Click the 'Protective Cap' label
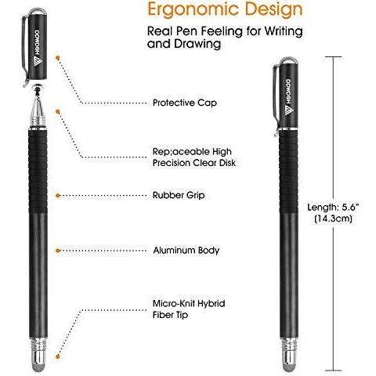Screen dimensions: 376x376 point(185,103)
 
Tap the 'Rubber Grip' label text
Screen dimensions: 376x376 point(179,195)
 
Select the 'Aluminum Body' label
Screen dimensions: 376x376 point(186,250)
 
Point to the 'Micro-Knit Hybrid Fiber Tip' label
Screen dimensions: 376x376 point(189,309)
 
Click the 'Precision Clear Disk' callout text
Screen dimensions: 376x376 point(194,163)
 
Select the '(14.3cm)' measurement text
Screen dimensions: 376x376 point(333,218)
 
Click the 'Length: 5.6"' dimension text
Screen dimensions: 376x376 point(333,207)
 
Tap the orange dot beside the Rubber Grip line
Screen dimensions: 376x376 point(58,195)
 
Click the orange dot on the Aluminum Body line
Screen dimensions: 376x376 point(58,251)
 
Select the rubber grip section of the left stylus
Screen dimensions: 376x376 point(38,171)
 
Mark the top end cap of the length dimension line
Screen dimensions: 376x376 point(333,56)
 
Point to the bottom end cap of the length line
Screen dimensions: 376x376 point(333,371)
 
